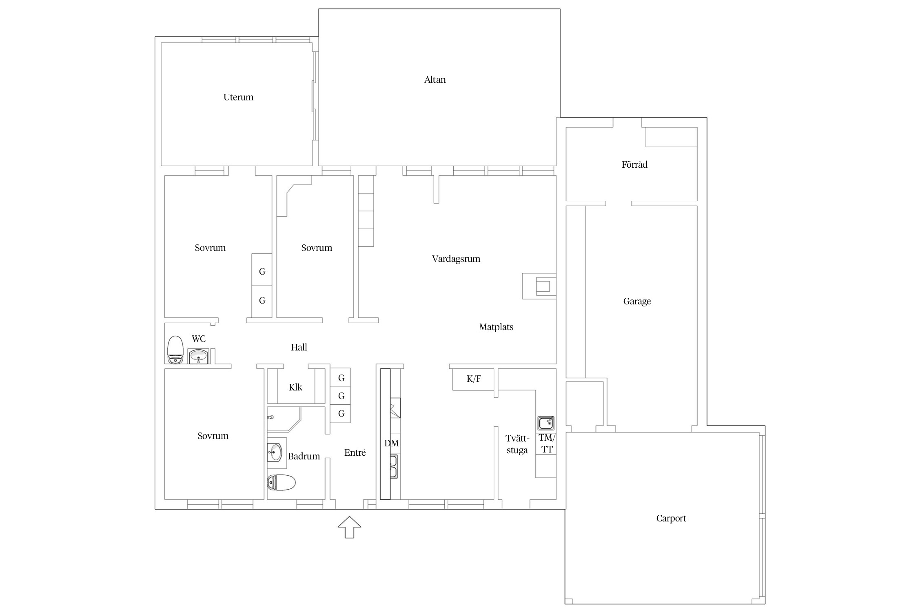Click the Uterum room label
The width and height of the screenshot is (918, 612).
point(238,97)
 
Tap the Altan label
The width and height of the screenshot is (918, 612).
point(435,80)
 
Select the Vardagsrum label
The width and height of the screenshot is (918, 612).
point(456,259)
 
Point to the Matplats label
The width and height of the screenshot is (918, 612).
point(496,327)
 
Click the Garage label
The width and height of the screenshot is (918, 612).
point(637,302)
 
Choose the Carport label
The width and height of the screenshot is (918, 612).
point(671,519)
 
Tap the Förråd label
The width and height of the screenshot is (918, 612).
point(634,164)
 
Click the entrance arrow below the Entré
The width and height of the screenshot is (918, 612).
point(349,527)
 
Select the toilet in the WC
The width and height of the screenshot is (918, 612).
point(175,350)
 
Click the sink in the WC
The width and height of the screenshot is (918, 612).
point(198,356)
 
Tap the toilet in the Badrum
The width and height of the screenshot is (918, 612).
point(281,483)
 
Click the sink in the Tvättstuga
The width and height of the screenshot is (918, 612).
point(545,423)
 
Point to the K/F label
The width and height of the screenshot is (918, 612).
point(474,379)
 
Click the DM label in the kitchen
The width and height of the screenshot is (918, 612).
point(391,443)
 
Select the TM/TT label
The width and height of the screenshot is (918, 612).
point(547,443)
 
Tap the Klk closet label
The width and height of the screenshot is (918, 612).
point(295,387)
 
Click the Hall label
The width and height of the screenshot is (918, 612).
point(299,347)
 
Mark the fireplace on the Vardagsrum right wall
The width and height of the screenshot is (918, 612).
point(539,286)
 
